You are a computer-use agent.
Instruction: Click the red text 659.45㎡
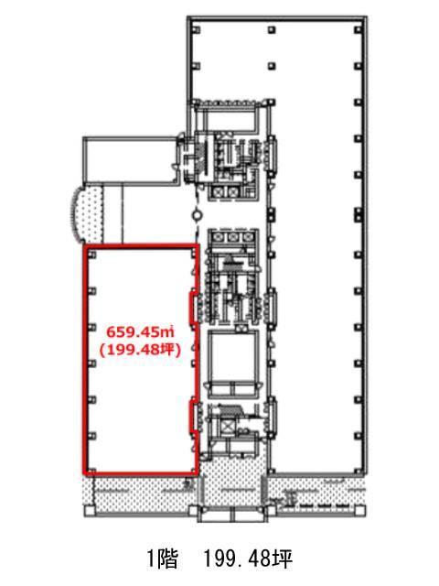[x=141, y=331]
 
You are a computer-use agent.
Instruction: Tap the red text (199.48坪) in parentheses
[x=140, y=350]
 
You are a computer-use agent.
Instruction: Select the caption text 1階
[x=163, y=559]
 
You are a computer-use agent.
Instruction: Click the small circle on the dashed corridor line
[x=197, y=215]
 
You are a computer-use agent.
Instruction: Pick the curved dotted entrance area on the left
[x=87, y=214]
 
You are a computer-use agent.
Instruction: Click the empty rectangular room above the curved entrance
[x=130, y=159]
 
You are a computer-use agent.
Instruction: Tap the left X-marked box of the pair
[x=218, y=192]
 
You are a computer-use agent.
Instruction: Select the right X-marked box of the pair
[x=233, y=192]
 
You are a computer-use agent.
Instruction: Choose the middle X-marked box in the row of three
[x=233, y=237]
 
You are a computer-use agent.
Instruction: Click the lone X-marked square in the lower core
[x=228, y=427]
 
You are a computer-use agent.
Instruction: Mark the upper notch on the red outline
[x=193, y=309]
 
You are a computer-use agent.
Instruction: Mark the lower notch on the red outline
[x=193, y=417]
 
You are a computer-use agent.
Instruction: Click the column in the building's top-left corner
[x=197, y=30]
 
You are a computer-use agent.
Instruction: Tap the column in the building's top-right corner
[x=359, y=29]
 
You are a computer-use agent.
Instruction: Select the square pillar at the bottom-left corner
[x=90, y=511]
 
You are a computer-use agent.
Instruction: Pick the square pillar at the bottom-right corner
[x=359, y=511]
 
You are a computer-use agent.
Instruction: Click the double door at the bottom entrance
[x=233, y=515]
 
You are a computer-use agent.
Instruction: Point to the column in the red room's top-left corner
[x=92, y=255]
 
